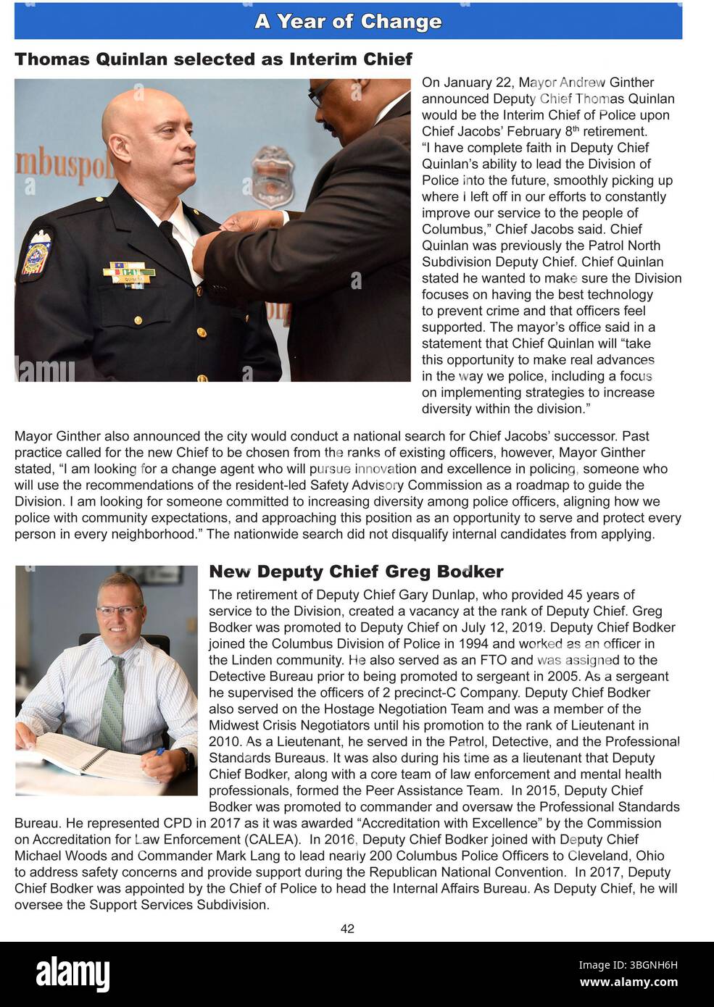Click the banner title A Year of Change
[348, 22]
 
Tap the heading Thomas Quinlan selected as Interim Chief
[213, 59]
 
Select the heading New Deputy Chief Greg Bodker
[356, 572]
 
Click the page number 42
[347, 929]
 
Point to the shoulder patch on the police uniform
[35, 253]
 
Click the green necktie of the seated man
[112, 702]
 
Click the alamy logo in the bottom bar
[72, 974]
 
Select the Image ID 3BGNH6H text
[628, 965]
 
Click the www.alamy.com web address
[628, 982]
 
